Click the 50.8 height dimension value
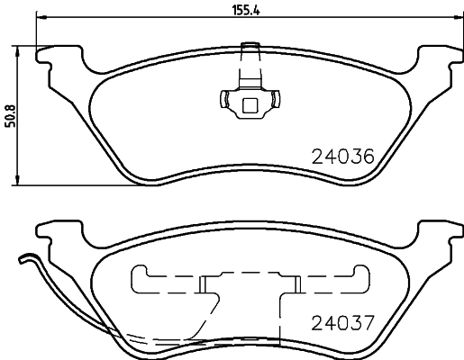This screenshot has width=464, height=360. [10, 116]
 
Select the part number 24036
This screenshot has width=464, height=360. [341, 156]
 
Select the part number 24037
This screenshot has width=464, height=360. [341, 322]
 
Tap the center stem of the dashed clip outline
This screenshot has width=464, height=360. [251, 292]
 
